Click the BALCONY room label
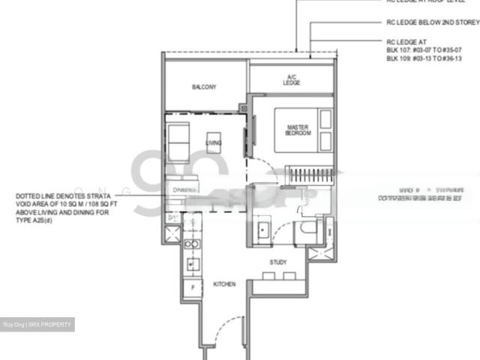tap(204, 88)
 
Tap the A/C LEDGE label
tap(292, 79)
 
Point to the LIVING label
tap(214, 142)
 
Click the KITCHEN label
tap(224, 284)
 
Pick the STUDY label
tap(279, 262)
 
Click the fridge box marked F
tap(193, 287)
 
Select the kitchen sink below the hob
tap(193, 263)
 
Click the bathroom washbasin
tap(262, 230)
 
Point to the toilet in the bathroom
tap(303, 232)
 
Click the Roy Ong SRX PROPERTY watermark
tap(37, 325)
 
